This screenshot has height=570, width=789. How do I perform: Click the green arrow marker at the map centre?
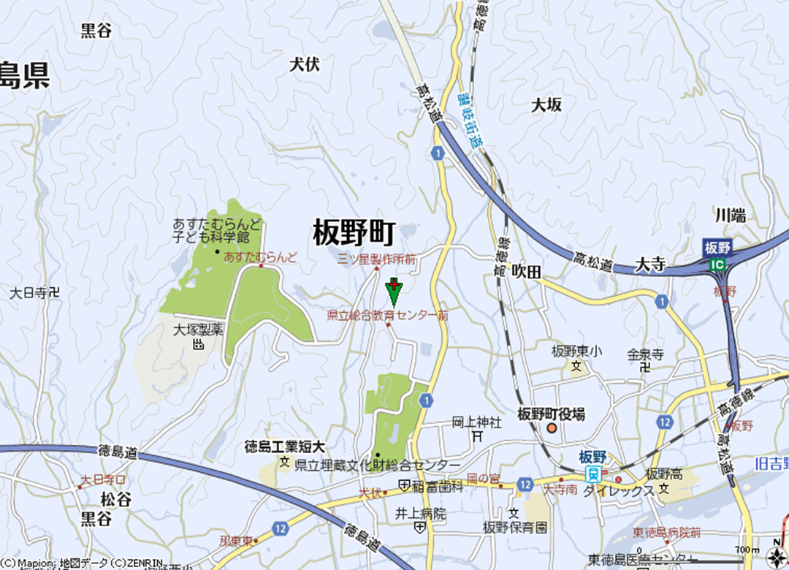tap(394, 292)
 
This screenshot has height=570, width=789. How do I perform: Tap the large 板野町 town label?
tap(354, 233)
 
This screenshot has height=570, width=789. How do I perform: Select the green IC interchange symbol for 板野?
tap(720, 264)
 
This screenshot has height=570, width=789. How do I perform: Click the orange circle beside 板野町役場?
tap(552, 428)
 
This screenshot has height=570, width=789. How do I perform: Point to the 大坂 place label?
tap(546, 105)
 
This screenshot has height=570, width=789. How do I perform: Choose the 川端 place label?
tap(730, 216)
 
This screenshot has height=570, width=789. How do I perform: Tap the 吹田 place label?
tap(526, 272)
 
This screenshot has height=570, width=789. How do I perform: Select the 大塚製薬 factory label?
tap(197, 330)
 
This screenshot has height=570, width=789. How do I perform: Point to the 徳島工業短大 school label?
tap(284, 446)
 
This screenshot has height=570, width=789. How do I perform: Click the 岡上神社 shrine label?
tap(476, 422)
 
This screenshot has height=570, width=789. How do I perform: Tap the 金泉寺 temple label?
tap(645, 355)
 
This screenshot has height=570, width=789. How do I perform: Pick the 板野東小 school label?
tap(576, 351)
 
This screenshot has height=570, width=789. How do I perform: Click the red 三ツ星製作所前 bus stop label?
tap(377, 259)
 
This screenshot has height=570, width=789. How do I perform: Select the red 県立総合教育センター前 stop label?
tap(387, 316)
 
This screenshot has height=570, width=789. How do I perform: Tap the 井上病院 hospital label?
tap(420, 514)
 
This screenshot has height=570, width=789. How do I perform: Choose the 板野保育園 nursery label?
tap(515, 527)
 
